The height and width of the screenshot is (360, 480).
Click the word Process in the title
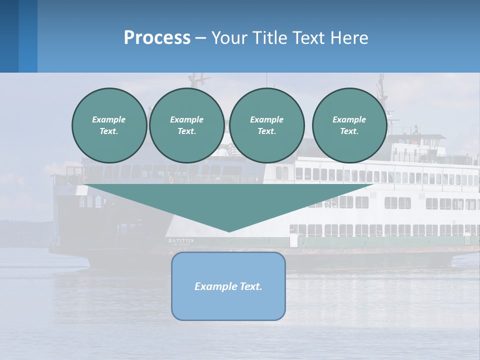click(x=157, y=37)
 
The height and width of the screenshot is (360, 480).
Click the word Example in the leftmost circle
click(x=109, y=119)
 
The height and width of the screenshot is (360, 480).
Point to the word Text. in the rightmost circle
click(x=349, y=131)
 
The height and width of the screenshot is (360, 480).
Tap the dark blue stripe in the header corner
click(x=9, y=36)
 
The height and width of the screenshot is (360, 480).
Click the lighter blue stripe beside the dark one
click(x=28, y=36)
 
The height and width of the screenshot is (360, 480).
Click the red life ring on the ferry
click(x=170, y=179)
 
